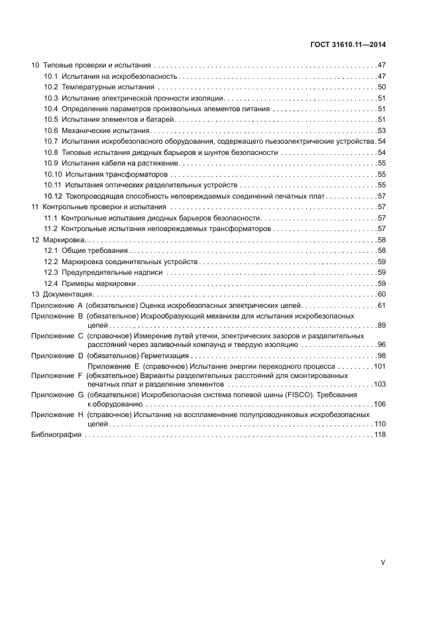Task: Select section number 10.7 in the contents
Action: [51, 142]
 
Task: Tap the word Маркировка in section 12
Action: [65, 240]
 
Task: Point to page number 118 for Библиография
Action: [380, 435]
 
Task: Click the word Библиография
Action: [56, 435]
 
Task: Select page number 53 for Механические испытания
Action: [382, 130]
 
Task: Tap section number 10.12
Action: [53, 197]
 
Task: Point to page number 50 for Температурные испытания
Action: [382, 87]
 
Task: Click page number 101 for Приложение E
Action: [380, 366]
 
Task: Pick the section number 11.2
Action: [51, 228]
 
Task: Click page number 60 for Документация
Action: [382, 294]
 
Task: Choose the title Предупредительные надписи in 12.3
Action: [103, 272]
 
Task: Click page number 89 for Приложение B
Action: [382, 326]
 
